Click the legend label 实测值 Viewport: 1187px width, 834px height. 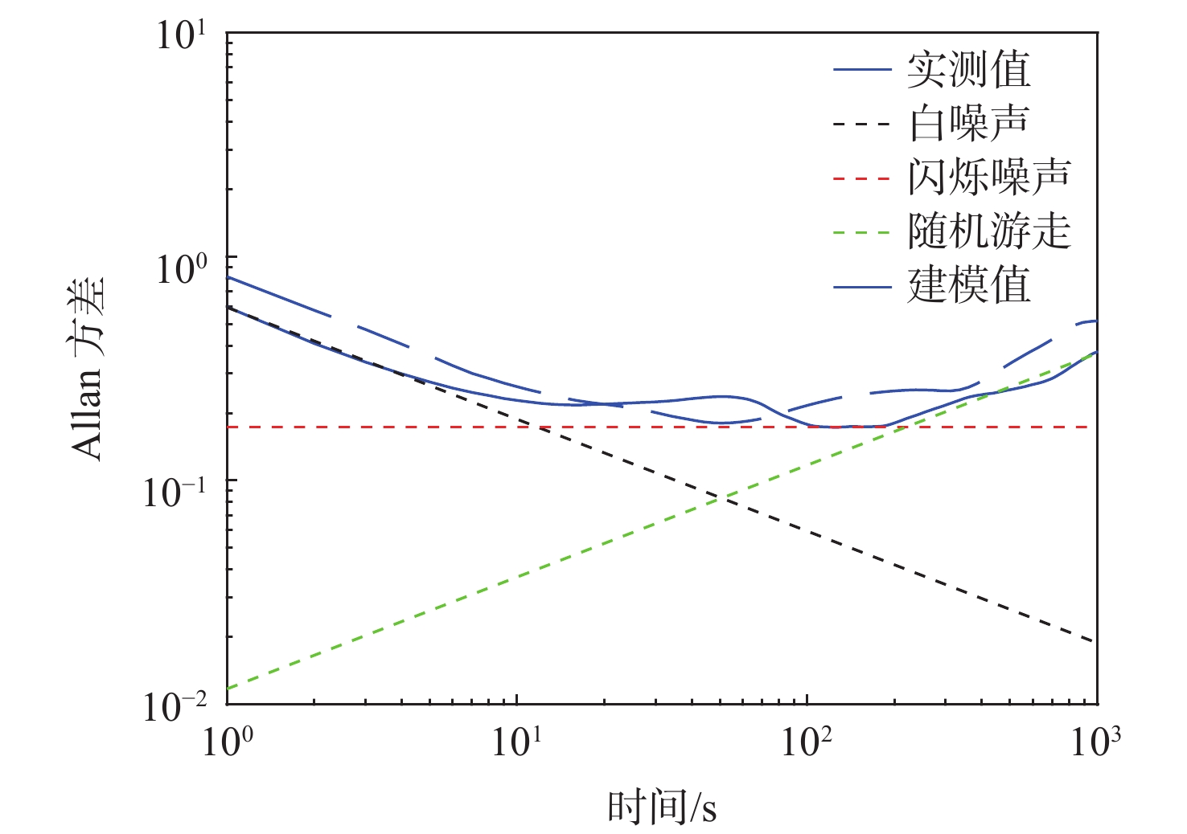coord(968,70)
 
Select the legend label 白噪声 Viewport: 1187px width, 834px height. coord(968,124)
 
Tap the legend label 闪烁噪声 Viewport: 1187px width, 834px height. coord(989,178)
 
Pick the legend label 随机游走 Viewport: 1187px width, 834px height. coord(989,231)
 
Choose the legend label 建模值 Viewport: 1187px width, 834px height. coord(968,285)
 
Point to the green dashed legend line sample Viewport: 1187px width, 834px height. coord(862,232)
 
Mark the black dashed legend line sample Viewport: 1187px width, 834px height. coord(862,125)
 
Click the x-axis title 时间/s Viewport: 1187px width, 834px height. coord(661,806)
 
